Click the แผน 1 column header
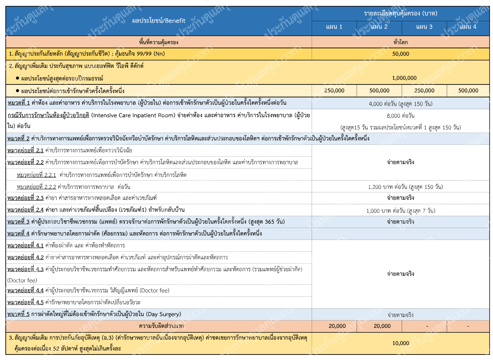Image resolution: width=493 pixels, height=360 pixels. coord(334,27)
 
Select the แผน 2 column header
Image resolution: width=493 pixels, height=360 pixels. coord(379,27)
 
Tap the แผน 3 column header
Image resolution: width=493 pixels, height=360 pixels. coord(424,27)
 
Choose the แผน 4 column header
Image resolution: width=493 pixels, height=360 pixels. coord(468,27)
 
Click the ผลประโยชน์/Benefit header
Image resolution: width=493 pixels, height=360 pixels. coord(159,21)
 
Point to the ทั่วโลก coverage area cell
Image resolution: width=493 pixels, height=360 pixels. coord(401,42)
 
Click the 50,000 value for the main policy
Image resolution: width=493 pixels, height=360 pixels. coord(401,54)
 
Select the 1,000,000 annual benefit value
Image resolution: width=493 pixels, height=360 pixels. coord(404,78)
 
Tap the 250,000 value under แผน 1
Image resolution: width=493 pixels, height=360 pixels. coord(334,91)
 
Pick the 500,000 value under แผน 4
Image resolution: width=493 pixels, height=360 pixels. coord(468,91)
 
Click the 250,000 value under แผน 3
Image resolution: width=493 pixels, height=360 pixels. coord(424,91)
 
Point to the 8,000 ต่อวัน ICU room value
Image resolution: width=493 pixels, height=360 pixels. coord(401,116)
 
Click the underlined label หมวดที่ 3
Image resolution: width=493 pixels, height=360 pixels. coord(19,222)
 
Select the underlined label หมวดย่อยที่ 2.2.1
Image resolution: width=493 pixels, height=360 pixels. coord(36,175)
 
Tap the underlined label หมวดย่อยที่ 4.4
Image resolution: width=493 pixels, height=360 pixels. coord(25,291)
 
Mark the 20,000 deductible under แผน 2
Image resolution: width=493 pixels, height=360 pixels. coord(382,326)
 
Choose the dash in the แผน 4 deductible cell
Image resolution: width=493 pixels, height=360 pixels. coord(468,326)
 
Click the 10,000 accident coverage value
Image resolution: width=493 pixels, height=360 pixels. coord(401,343)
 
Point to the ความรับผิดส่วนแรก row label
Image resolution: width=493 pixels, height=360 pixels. coord(161,326)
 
